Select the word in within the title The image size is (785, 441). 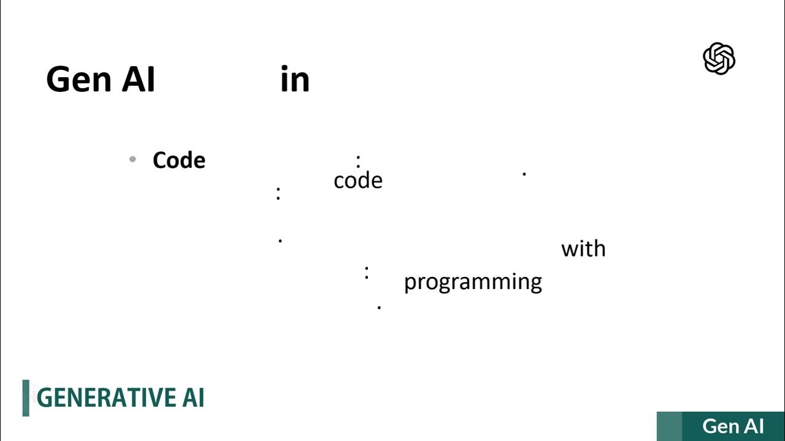click(x=295, y=80)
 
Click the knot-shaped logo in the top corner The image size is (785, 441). click(x=719, y=59)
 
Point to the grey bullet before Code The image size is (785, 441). click(x=132, y=160)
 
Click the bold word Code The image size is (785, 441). click(x=179, y=160)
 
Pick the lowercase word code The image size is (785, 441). click(x=358, y=181)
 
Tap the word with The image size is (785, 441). click(x=583, y=249)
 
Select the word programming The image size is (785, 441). click(x=473, y=282)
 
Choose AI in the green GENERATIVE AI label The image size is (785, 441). click(x=193, y=398)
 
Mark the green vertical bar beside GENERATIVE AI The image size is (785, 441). click(x=26, y=398)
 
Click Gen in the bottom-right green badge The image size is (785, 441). click(x=721, y=426)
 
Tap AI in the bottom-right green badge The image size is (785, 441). click(x=754, y=426)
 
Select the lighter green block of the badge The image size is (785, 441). click(x=669, y=426)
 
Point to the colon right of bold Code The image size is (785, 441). click(x=358, y=161)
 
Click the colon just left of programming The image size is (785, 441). click(x=367, y=273)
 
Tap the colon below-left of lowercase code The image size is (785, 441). click(x=278, y=194)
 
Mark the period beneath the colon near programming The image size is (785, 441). click(x=379, y=307)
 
